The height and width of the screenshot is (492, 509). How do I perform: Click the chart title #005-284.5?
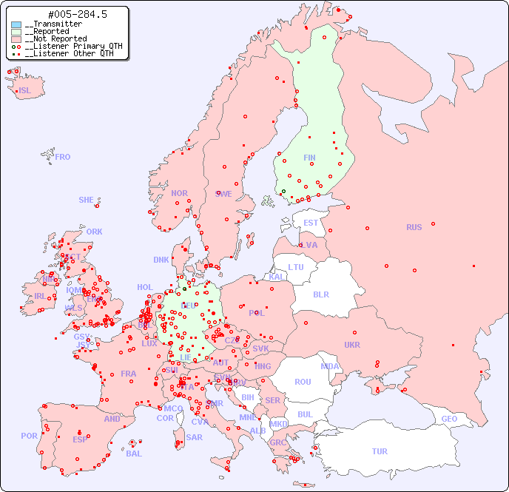coord(67,14)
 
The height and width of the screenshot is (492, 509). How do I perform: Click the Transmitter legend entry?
coord(56,24)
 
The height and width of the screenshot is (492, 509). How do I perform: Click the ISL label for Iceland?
coord(25,91)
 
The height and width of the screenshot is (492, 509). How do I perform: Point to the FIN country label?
coord(309,158)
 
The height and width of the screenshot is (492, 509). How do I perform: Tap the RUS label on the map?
coord(414,227)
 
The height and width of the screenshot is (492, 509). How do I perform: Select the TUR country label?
coord(380,451)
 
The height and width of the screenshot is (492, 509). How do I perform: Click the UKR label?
coord(352,345)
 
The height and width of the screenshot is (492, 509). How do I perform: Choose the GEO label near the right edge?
coord(449,419)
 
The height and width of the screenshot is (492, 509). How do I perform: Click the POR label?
coord(29,436)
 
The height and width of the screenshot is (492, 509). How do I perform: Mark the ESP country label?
coord(80,439)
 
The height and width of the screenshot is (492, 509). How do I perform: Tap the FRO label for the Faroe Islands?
coord(63,157)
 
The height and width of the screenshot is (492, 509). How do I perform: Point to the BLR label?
coord(321,294)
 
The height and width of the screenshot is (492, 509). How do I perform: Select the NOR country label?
coord(179,193)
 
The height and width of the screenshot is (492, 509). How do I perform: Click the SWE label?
coord(223,194)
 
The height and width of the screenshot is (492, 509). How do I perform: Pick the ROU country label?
coord(303,382)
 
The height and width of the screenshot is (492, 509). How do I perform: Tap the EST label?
coord(311,223)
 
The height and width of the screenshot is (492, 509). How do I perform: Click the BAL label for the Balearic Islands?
coord(134,454)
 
